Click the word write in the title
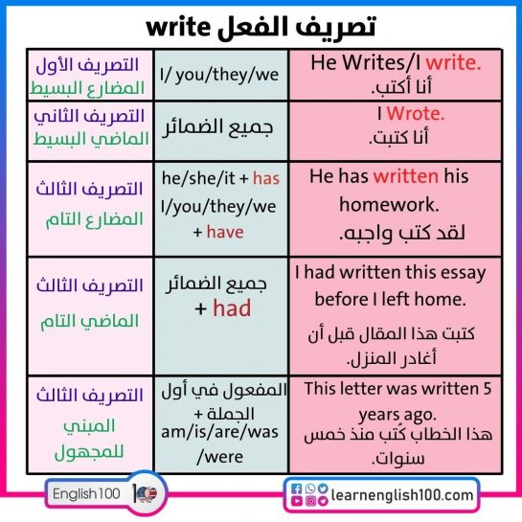(x=178, y=27)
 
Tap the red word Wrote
(x=416, y=114)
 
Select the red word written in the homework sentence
(x=406, y=176)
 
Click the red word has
(x=266, y=178)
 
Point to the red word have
(x=225, y=232)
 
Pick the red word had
(x=232, y=308)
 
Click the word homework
(x=389, y=204)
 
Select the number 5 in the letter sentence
(x=488, y=389)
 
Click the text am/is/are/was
(x=219, y=432)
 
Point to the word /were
(x=220, y=457)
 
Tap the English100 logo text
(x=86, y=493)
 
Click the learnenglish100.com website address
(x=402, y=495)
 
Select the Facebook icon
(x=296, y=488)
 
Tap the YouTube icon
(x=297, y=501)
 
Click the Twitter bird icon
(x=323, y=488)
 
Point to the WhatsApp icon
(x=310, y=488)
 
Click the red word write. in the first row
(x=454, y=62)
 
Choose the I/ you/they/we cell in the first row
(x=219, y=75)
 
